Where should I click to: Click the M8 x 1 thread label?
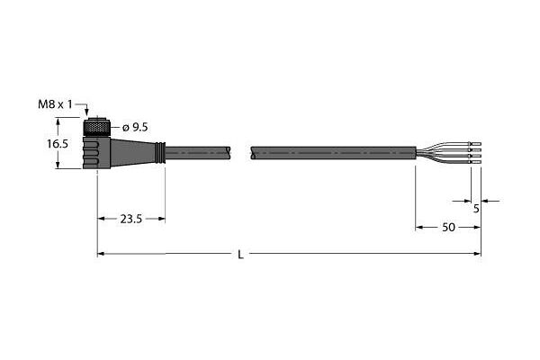click(x=55, y=104)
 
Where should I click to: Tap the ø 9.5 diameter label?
click(x=135, y=128)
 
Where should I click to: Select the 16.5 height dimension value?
click(x=58, y=144)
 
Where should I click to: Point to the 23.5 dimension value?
click(x=130, y=219)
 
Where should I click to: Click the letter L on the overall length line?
click(x=241, y=255)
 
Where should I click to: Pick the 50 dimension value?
click(x=448, y=228)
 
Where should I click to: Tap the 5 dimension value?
click(x=476, y=209)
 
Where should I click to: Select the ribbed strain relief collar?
click(x=160, y=152)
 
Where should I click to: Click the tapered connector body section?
click(x=132, y=152)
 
